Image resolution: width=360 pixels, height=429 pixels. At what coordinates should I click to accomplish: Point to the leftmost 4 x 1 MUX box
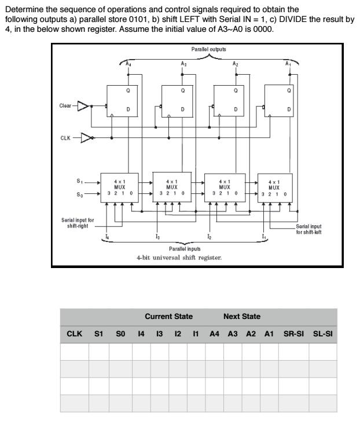click(117, 185)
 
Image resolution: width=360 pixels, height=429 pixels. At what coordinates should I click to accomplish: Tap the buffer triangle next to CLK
click(85, 138)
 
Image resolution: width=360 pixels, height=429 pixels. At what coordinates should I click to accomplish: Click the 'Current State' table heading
click(168, 317)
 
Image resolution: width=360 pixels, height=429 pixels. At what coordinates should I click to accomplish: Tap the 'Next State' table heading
click(241, 317)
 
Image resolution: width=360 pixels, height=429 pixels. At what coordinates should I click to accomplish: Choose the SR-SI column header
click(294, 334)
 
